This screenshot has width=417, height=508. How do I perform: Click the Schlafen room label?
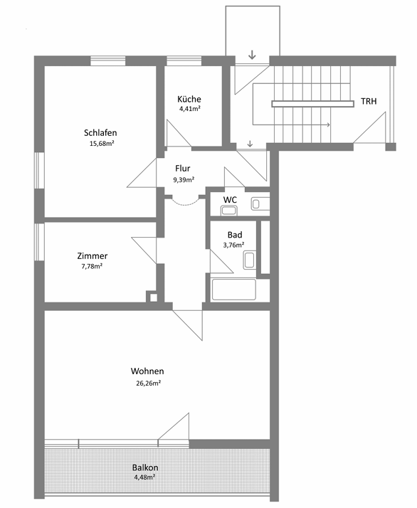100,133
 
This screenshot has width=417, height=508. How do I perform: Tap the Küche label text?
189,99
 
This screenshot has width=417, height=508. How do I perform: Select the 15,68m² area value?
102,144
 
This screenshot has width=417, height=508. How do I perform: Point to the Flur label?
183,169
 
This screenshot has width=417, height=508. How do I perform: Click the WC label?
230,200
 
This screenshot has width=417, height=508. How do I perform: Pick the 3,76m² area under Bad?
233,245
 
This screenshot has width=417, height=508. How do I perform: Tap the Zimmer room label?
93,256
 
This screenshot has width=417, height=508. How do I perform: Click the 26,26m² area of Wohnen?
149,383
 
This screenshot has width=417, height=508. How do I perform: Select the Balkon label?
145,467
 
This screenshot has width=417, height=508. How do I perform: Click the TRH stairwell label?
369,102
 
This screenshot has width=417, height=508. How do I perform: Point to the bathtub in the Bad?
233,290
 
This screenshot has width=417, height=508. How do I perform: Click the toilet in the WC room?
229,211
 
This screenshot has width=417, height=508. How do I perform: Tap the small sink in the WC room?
260,203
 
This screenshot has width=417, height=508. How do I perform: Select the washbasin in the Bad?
249,260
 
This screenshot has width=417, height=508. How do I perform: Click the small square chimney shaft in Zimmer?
153,297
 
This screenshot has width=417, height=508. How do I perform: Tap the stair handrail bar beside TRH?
312,104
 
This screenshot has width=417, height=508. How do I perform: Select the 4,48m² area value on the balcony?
144,477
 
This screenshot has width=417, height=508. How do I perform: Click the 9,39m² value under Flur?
184,180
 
